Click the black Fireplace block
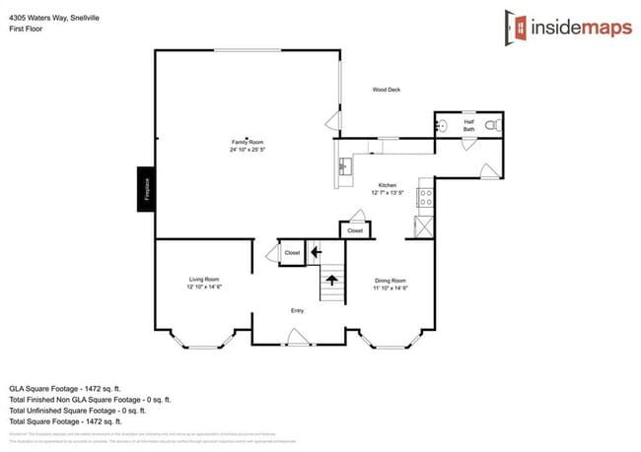[x=145, y=188]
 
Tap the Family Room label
[x=248, y=142]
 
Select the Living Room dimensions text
[x=204, y=287]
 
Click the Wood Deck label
[x=386, y=90]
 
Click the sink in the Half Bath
[x=442, y=126]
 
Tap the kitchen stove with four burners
[x=425, y=197]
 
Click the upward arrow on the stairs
[x=332, y=281]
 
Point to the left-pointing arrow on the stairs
[x=316, y=252]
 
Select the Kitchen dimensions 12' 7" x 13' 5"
[x=388, y=193]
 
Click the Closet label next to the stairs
[x=292, y=253]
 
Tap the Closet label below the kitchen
[x=355, y=230]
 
